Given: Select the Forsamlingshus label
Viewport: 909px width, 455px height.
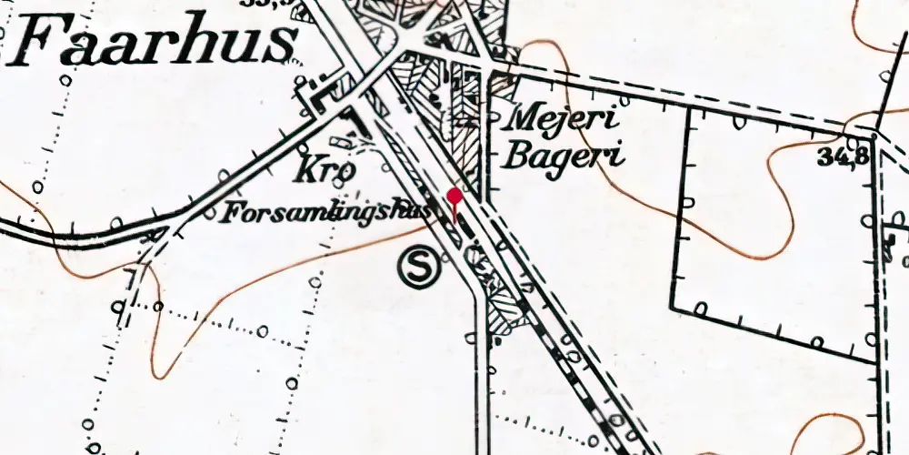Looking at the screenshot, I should click(327, 212).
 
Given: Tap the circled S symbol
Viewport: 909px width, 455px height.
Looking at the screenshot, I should click(418, 268).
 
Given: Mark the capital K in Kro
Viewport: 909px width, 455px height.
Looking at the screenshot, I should click(305, 170).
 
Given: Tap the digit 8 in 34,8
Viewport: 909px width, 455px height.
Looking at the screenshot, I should click(859, 157).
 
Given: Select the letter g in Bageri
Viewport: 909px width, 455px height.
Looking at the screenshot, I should click(567, 159).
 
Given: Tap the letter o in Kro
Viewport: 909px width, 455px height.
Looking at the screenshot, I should click(346, 174).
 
